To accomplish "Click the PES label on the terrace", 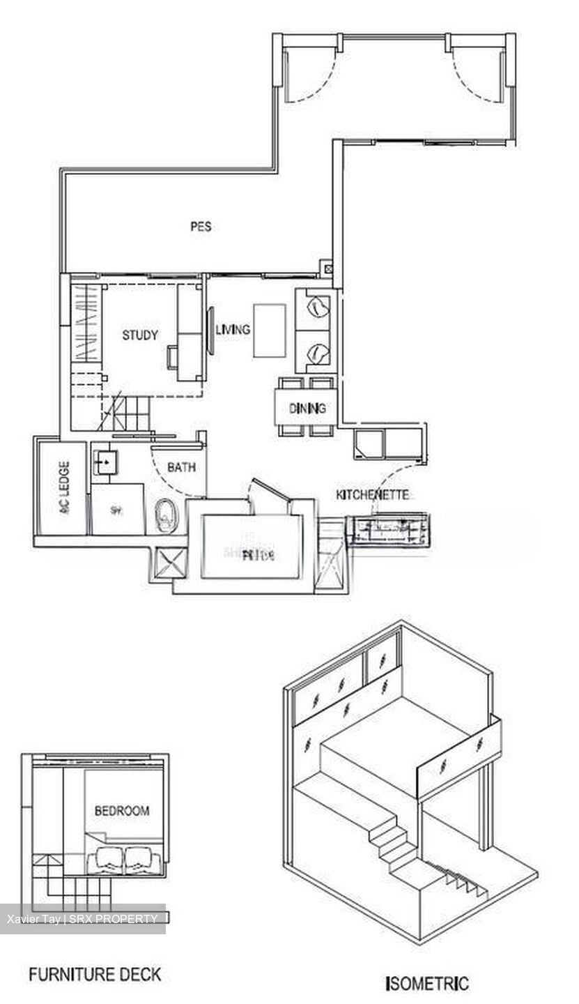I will (201, 226).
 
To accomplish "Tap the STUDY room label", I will (140, 335).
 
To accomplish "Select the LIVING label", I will (232, 329).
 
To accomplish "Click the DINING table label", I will (307, 409).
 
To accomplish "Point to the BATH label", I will (181, 468).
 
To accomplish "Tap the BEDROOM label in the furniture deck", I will (122, 811).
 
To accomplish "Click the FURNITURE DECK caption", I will (95, 974).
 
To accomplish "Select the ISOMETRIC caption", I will (426, 984).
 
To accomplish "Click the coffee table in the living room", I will (270, 330).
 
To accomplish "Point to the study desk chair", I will (172, 356).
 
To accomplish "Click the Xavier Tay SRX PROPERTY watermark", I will (82, 918).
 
